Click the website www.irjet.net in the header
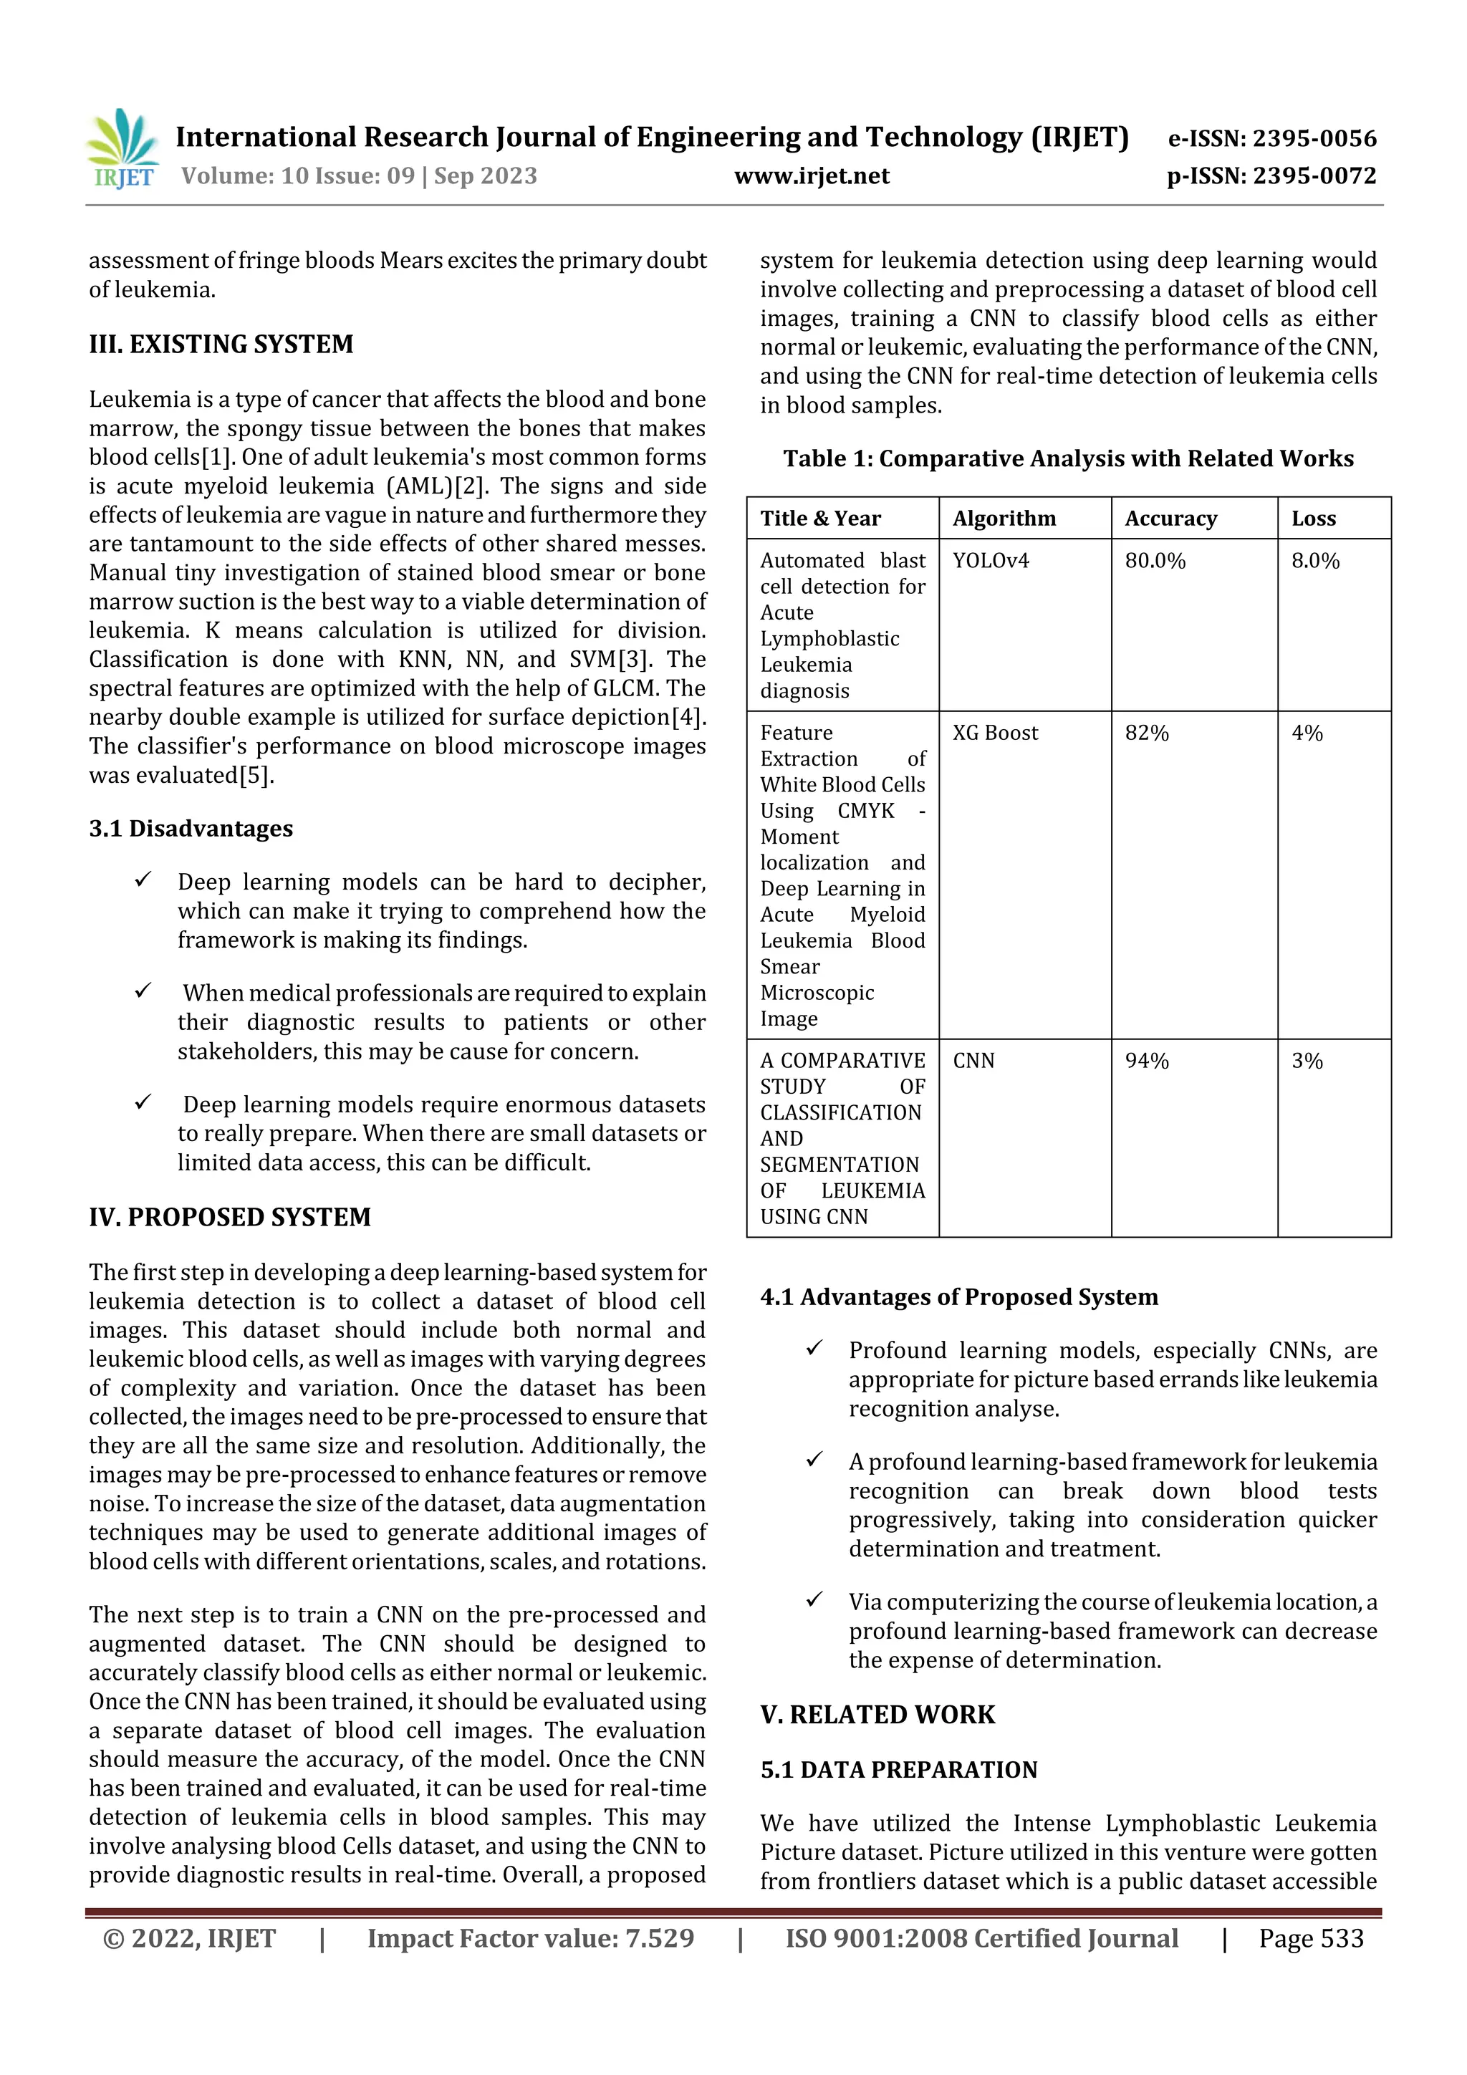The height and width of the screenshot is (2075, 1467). [x=811, y=176]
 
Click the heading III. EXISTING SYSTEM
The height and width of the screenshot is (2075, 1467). [x=221, y=345]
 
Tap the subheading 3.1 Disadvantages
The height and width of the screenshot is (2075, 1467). [x=191, y=829]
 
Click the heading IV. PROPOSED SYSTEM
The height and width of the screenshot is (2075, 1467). [x=230, y=1218]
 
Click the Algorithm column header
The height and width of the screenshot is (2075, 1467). [x=1004, y=519]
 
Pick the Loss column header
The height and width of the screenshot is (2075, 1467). [x=1312, y=519]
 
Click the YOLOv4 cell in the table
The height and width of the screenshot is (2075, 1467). [x=991, y=562]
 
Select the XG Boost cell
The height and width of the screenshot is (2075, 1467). [x=995, y=733]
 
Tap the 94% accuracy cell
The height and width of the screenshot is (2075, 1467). [x=1146, y=1061]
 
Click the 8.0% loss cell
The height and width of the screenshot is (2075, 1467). [x=1314, y=562]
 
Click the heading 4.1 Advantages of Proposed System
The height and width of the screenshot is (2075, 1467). [x=958, y=1297]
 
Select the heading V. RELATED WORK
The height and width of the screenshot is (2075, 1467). [x=877, y=1715]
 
